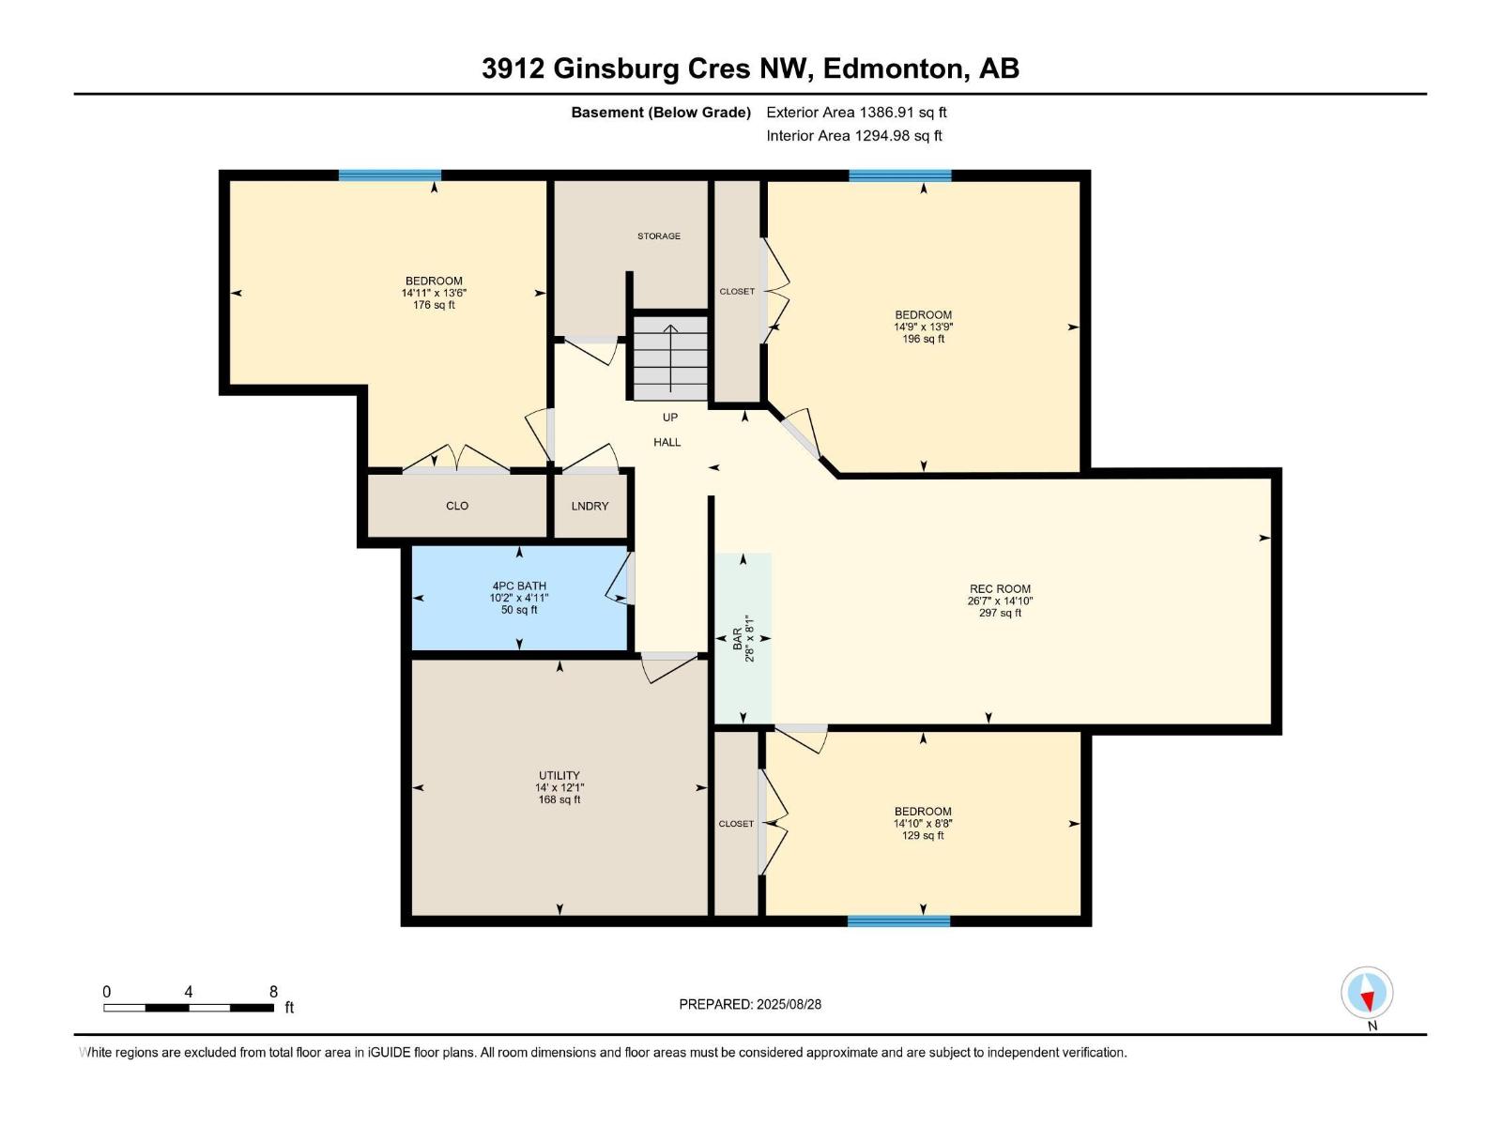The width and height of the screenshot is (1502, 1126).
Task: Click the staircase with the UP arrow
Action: (669, 358)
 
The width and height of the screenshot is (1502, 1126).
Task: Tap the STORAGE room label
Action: (659, 236)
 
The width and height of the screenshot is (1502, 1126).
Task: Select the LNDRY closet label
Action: (590, 506)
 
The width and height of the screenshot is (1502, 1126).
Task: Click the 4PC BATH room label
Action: (519, 586)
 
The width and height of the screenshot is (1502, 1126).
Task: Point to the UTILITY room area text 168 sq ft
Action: (559, 800)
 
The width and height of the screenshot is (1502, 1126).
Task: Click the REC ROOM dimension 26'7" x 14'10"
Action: (1000, 601)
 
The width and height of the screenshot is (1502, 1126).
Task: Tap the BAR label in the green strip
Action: (737, 639)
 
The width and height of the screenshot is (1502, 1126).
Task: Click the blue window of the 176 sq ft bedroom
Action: (390, 175)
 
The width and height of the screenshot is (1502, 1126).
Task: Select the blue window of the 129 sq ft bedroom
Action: (898, 921)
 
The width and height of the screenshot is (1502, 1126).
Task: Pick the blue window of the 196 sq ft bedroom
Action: (899, 175)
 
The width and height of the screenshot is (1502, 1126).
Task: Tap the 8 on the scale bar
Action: (273, 992)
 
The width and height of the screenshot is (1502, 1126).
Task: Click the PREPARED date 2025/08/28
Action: (789, 1004)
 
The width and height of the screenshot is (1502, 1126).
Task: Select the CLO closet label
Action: (457, 506)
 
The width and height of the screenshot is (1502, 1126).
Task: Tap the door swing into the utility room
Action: (668, 665)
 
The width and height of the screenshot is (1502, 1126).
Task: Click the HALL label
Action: (667, 442)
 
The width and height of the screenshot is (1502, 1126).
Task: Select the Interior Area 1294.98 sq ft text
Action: (853, 136)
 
